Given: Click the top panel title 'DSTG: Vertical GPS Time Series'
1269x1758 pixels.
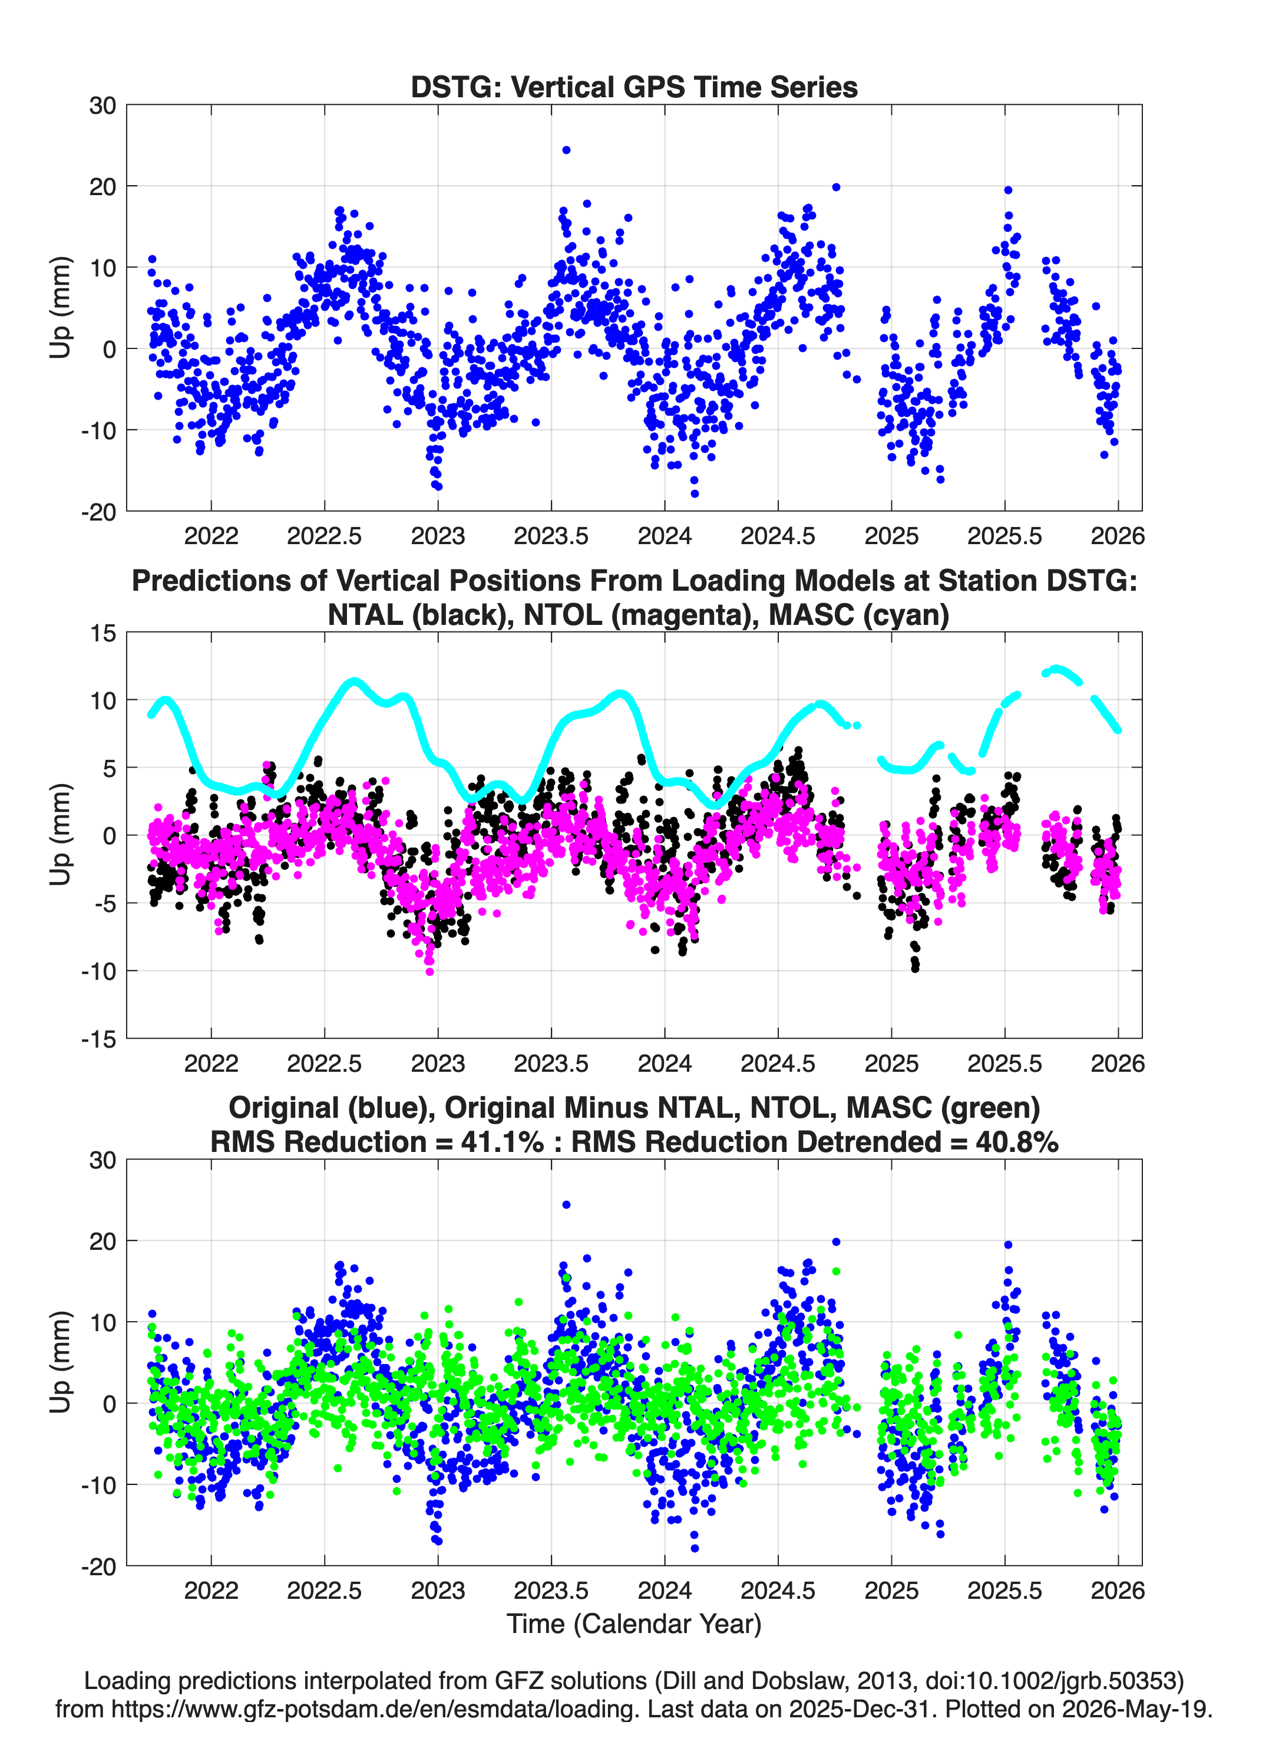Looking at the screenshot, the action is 634,87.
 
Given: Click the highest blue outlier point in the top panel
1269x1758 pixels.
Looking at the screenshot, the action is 566,150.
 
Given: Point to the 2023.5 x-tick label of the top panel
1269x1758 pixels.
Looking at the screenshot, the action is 551,536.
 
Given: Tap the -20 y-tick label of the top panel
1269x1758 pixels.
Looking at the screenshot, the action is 99,512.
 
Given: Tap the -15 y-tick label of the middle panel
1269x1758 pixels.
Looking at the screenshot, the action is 99,1039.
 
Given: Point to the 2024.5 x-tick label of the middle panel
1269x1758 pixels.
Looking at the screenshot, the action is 778,1064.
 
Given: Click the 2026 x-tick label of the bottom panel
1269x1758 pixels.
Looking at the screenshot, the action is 1118,1591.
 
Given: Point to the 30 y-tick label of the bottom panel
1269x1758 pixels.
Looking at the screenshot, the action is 103,1160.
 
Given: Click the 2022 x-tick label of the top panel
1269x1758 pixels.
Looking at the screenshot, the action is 211,536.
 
